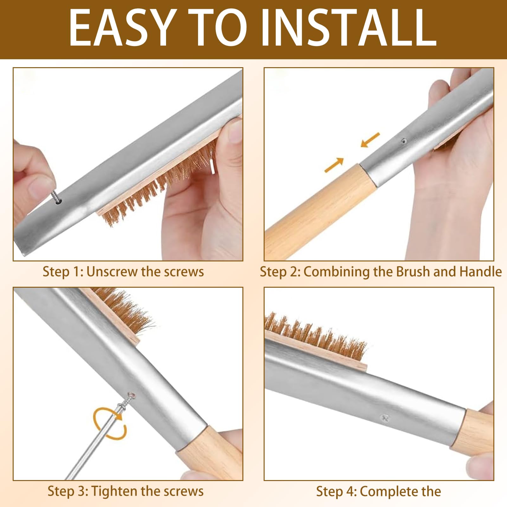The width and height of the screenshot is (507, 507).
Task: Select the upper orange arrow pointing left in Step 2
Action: pyautogui.click(x=370, y=140)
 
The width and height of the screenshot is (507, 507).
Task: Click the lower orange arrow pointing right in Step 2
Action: pyautogui.click(x=334, y=165)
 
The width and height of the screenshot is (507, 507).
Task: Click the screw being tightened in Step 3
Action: pyautogui.click(x=125, y=402)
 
